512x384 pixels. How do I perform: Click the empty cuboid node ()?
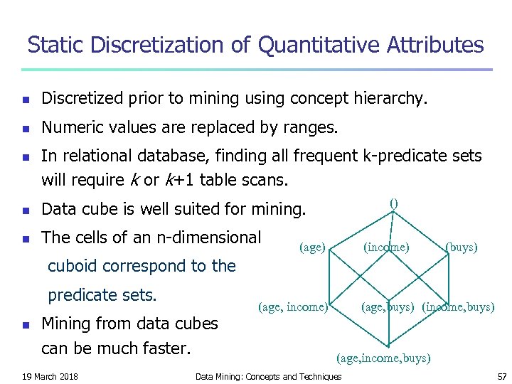pyautogui.click(x=394, y=203)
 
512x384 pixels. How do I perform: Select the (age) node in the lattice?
pyautogui.click(x=312, y=247)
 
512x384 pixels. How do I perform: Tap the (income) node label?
pyautogui.click(x=385, y=247)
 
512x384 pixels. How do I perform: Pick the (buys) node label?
pyautogui.click(x=461, y=247)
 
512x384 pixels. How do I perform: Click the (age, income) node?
pyautogui.click(x=293, y=307)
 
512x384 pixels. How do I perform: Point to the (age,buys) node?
pyautogui.click(x=388, y=307)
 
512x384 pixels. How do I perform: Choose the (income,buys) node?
pyautogui.click(x=458, y=307)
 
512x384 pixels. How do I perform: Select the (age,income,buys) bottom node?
pyautogui.click(x=383, y=358)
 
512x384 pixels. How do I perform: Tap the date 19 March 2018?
pyautogui.click(x=50, y=375)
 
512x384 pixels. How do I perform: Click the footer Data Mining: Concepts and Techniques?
pyautogui.click(x=268, y=375)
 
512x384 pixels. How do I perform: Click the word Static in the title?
pyautogui.click(x=58, y=46)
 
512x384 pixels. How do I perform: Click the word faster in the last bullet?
pyautogui.click(x=165, y=349)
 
